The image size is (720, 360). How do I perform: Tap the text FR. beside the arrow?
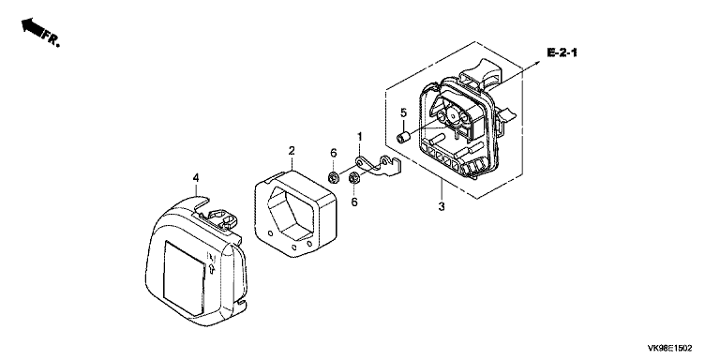coord(51,38)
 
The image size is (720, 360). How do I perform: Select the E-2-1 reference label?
coord(562,52)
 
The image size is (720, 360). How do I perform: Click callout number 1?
coord(360,136)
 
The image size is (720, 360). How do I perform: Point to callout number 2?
coord(292,151)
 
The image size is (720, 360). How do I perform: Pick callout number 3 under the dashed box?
coord(442,206)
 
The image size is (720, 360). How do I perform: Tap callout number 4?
coord(196,178)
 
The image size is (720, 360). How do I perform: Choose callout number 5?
coord(404,112)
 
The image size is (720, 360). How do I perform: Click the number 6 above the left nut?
coord(334,154)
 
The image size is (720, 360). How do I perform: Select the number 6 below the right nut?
coord(354,202)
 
